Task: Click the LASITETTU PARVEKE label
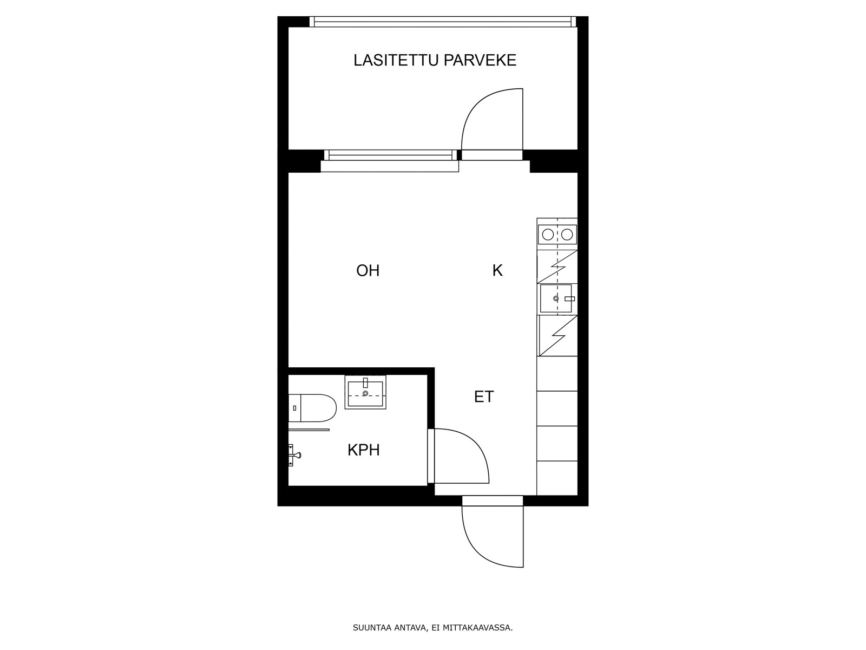click(x=435, y=60)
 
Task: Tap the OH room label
click(x=368, y=271)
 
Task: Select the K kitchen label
click(x=497, y=270)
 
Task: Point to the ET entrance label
click(x=484, y=396)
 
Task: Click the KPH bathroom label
click(x=363, y=450)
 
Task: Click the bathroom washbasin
click(x=365, y=392)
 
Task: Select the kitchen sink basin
click(x=555, y=298)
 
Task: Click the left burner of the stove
click(x=548, y=235)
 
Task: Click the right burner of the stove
click(x=567, y=235)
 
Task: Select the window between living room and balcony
click(x=390, y=155)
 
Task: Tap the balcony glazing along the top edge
click(x=443, y=22)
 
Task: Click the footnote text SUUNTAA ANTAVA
click(x=389, y=628)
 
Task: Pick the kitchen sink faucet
click(x=569, y=299)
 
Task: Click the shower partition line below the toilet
click(x=309, y=430)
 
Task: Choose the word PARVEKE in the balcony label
click(x=480, y=60)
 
